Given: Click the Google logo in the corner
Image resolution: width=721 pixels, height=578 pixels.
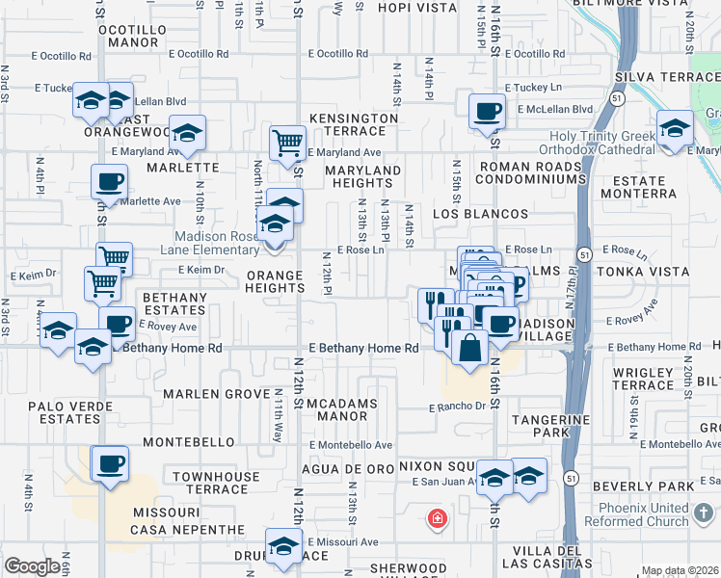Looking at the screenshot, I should [33, 566].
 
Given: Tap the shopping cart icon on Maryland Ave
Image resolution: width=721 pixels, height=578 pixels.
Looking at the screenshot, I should [287, 143].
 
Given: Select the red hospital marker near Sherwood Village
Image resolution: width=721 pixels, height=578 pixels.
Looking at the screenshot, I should [438, 519].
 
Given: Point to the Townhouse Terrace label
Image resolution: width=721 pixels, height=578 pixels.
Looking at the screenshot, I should [216, 483].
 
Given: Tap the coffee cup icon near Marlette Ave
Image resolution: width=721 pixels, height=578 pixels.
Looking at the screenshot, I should [109, 180].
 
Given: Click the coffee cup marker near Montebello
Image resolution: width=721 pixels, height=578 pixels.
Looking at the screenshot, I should [109, 463].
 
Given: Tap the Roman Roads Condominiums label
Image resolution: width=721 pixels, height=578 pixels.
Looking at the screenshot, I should [531, 173].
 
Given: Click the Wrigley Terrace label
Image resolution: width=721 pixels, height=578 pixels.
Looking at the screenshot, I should [643, 379].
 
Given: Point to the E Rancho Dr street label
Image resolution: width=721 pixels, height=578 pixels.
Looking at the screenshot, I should [458, 407].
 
